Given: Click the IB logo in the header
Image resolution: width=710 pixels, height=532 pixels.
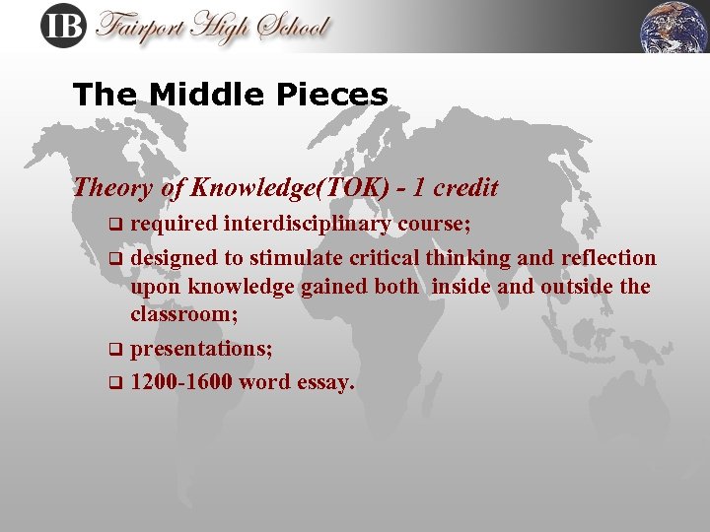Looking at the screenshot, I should pyautogui.click(x=64, y=27).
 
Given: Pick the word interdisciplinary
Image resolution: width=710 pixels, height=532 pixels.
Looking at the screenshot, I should pyautogui.click(x=308, y=224).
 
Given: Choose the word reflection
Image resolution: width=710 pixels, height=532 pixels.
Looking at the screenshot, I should pyautogui.click(x=608, y=258).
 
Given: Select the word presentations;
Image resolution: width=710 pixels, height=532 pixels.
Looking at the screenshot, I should pyautogui.click(x=202, y=349).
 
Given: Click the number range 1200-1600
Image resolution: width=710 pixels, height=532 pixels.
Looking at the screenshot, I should pyautogui.click(x=182, y=381).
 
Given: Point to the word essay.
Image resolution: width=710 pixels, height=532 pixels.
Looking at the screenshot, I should pyautogui.click(x=324, y=382).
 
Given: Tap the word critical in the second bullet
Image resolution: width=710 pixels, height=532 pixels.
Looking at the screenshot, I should pyautogui.click(x=385, y=258).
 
